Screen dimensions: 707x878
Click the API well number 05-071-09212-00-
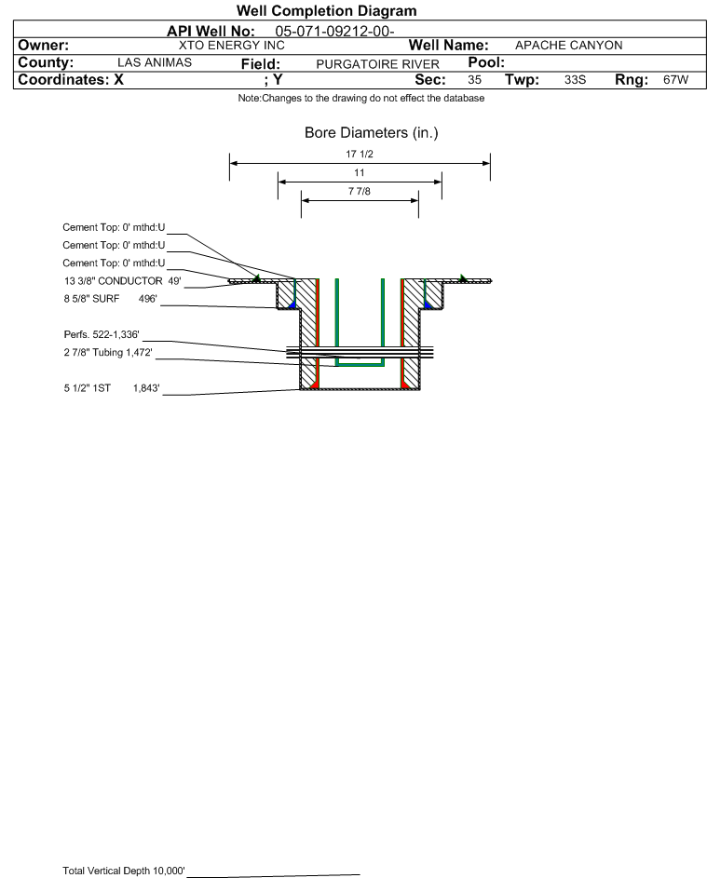point(334,32)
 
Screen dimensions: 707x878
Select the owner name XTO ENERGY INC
point(231,46)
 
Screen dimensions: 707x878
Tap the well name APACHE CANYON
point(568,46)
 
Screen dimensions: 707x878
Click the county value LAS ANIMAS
point(155,62)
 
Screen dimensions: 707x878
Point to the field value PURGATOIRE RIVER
point(377,64)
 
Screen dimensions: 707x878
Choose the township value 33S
point(575,79)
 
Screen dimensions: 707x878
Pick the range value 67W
point(675,79)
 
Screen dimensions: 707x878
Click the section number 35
point(474,79)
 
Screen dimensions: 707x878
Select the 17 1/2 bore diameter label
point(360,154)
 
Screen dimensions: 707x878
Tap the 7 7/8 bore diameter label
point(360,192)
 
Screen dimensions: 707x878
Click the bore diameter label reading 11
point(360,173)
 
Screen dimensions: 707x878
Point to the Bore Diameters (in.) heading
point(372,133)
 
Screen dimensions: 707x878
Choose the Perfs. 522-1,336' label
point(102,335)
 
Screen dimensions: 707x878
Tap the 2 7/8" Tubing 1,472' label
point(108,353)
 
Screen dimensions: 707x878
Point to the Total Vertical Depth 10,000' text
point(124,871)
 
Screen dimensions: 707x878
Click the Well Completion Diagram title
point(327,10)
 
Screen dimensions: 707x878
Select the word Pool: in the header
point(486,62)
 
